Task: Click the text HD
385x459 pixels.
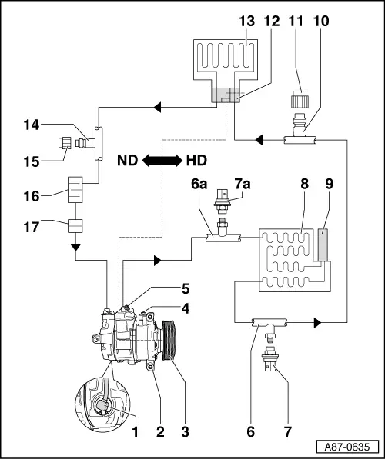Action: tap(197, 161)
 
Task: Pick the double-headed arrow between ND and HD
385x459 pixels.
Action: tap(162, 161)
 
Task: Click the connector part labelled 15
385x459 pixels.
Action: tap(65, 141)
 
